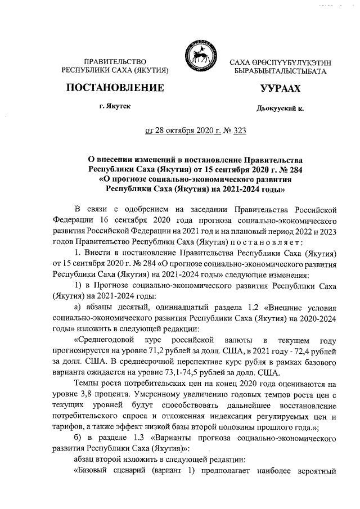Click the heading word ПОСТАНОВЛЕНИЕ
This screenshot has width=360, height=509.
click(x=115, y=88)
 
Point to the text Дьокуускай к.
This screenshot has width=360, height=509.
click(x=280, y=109)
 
